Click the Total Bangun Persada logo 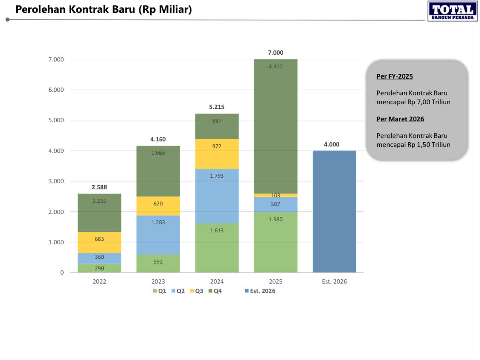click(x=452, y=11)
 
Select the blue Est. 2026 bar click(x=334, y=211)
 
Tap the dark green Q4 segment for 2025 click(x=276, y=126)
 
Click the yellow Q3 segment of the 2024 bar click(x=217, y=154)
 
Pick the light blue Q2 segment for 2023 click(x=158, y=235)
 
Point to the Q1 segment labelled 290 click(x=99, y=268)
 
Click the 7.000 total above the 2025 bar click(x=276, y=53)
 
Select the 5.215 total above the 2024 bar click(x=217, y=107)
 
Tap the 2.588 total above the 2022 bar click(x=99, y=187)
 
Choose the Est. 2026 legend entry click(x=260, y=291)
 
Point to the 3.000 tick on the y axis click(x=55, y=181)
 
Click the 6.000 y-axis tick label click(x=55, y=90)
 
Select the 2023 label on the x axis click(x=158, y=281)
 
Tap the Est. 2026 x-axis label click(x=334, y=281)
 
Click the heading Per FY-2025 click(x=395, y=76)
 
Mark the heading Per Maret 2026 click(x=400, y=119)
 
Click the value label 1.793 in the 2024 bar click(x=217, y=176)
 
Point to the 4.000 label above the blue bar click(x=332, y=144)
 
